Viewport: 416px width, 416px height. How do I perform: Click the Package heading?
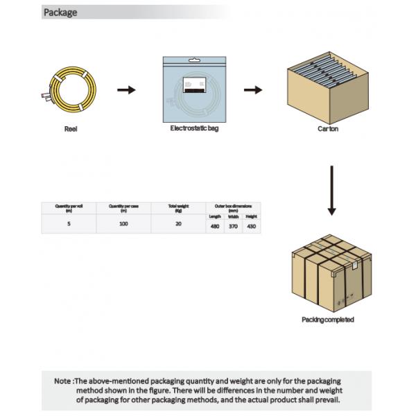(x=60, y=12)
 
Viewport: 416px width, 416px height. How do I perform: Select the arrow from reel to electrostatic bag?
(x=126, y=90)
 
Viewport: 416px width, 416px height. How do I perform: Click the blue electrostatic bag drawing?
(x=194, y=88)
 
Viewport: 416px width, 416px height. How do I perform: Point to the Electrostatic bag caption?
(x=194, y=129)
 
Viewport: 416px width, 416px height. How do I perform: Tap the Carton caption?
(x=328, y=129)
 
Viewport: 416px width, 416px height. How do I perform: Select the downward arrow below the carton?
(x=331, y=190)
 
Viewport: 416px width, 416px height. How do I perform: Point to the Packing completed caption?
(x=328, y=320)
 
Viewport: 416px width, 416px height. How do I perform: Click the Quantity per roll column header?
(x=69, y=207)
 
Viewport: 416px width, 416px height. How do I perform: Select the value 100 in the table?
(x=123, y=224)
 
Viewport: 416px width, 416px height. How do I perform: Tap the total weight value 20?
(x=178, y=224)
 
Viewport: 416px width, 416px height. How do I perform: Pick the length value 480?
(x=215, y=226)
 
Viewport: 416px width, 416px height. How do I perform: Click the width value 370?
(x=233, y=226)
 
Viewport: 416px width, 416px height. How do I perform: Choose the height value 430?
(x=251, y=226)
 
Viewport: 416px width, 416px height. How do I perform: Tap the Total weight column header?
(x=178, y=207)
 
